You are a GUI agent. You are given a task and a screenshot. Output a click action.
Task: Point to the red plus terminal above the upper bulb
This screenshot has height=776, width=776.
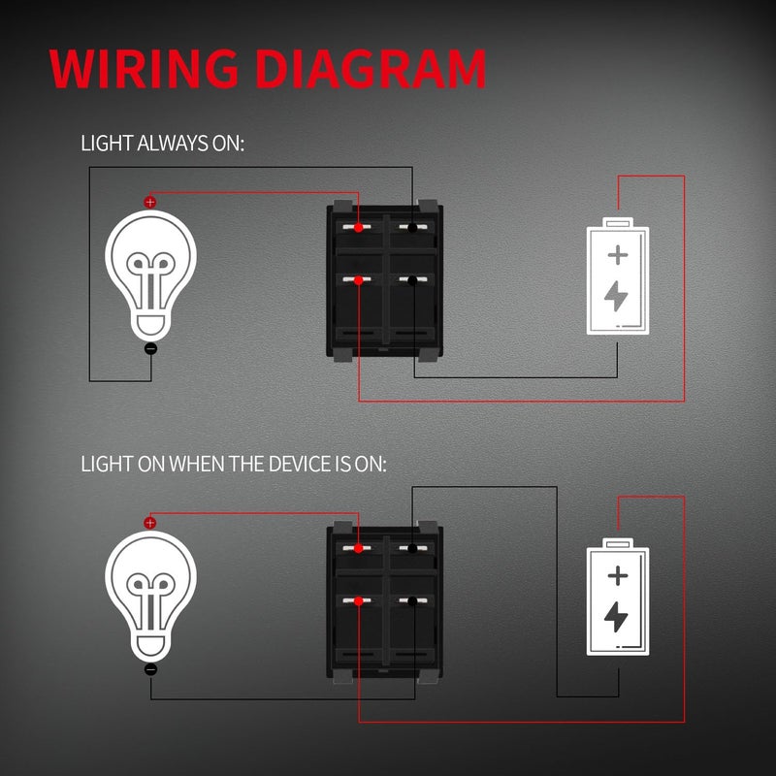click(x=149, y=202)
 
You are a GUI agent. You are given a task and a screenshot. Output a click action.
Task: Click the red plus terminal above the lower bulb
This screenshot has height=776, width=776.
click(x=149, y=522)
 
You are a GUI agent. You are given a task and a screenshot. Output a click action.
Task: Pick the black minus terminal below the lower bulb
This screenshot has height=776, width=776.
click(x=150, y=668)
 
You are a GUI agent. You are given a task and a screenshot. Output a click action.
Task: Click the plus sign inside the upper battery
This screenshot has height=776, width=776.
click(x=617, y=255)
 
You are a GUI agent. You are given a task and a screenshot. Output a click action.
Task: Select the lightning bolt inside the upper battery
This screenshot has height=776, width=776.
click(x=616, y=295)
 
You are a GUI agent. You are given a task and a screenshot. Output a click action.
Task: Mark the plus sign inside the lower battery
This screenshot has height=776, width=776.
click(x=617, y=575)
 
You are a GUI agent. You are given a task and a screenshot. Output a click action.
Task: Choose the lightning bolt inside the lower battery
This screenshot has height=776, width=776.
click(x=616, y=615)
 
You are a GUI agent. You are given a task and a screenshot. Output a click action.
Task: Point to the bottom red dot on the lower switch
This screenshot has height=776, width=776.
click(x=359, y=601)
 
